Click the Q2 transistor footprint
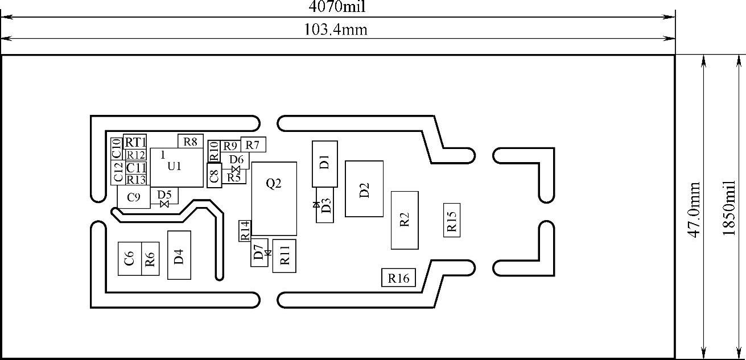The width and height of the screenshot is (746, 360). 274,198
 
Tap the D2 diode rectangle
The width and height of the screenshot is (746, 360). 364,188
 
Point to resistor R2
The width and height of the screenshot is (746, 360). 405,220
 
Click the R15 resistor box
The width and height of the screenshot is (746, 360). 452,220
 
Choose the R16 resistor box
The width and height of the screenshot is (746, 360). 398,278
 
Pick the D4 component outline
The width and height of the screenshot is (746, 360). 179,255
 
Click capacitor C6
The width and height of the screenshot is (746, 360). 130,259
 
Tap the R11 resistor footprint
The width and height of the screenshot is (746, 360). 285,256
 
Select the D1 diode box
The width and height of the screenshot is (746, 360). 324,163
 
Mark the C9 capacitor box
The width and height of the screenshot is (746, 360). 134,197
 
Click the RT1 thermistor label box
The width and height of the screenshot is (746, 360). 135,142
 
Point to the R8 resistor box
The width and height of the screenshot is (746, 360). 191,141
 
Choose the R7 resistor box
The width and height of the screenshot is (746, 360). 253,144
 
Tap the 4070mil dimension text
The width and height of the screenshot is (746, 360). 337,7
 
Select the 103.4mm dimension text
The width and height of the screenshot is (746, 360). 337,30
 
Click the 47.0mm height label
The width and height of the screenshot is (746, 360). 695,210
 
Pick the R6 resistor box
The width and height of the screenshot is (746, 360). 150,259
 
